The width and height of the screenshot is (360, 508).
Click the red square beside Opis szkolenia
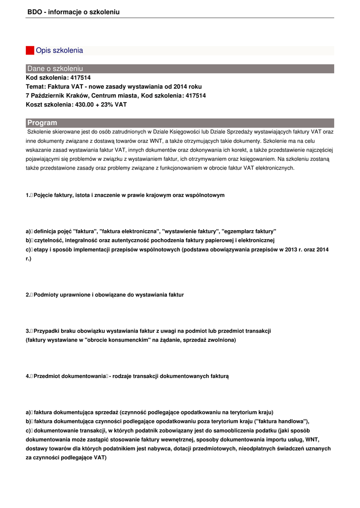[30, 51]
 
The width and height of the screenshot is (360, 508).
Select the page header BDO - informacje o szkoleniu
[73, 12]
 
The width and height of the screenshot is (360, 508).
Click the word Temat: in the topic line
[35, 87]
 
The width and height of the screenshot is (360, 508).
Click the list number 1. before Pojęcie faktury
[28, 195]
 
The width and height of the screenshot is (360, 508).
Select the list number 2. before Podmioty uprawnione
[28, 295]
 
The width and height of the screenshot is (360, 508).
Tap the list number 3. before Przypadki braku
[28, 331]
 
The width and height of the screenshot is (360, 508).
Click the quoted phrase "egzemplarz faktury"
[249, 232]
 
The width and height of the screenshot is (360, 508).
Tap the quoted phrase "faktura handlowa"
[281, 421]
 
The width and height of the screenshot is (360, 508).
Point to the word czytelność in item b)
[52, 241]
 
